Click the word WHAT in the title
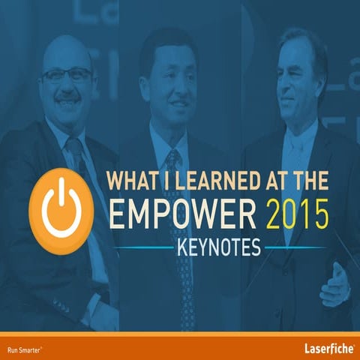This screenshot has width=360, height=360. tap(132, 181)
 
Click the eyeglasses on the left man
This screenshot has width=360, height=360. tap(67, 75)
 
